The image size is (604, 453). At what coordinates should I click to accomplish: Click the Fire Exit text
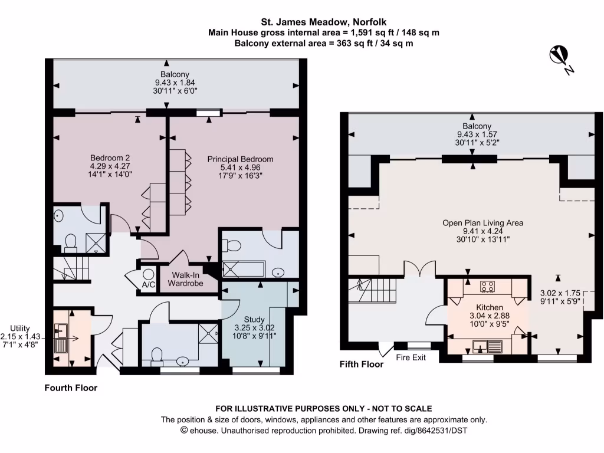[x=410, y=357]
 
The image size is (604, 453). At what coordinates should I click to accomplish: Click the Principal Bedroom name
[x=240, y=159]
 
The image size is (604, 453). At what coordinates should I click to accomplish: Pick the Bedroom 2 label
[x=110, y=157]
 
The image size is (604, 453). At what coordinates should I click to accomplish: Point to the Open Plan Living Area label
[x=482, y=223]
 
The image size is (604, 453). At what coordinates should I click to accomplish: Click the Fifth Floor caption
[x=361, y=365]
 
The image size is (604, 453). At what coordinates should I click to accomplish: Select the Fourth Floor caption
[x=71, y=388]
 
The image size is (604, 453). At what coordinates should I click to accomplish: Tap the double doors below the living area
[x=420, y=270]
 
